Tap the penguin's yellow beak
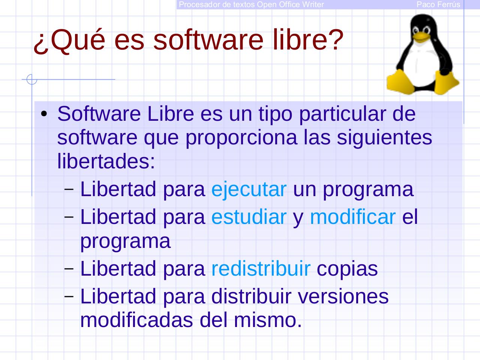coord(421,36)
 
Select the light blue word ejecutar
coord(249,189)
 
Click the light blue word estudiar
coord(249,217)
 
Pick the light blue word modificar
coord(352,217)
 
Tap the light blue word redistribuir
coord(261,268)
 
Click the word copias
coord(347,268)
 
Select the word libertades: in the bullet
coord(106,161)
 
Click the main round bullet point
coord(44,114)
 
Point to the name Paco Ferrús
coord(438,4)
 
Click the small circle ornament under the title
coord(32,79)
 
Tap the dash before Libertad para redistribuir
coord(69,268)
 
